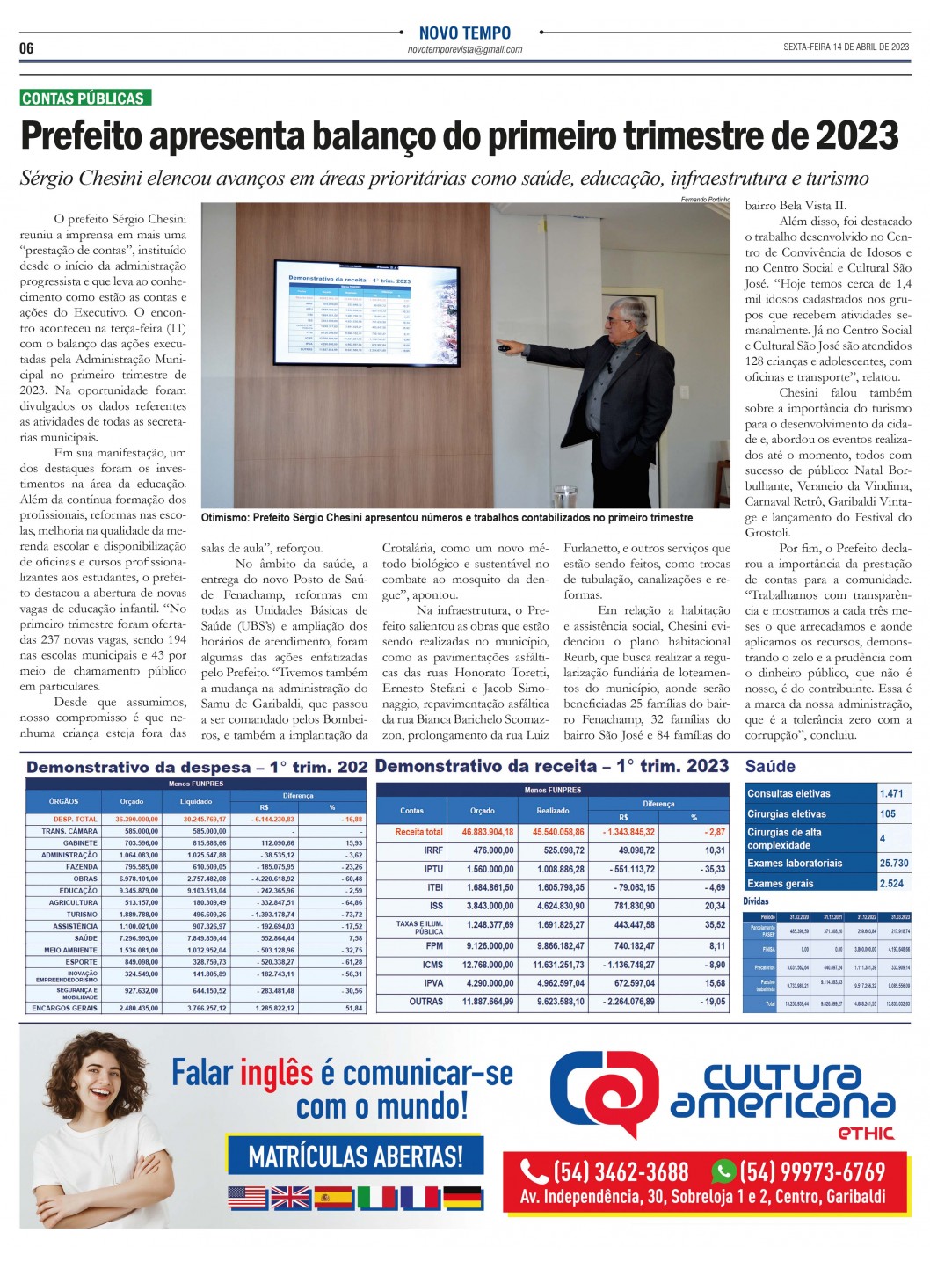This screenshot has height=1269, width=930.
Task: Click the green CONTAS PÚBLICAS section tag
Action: pos(85,98)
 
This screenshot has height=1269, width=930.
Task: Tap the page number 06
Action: pos(26,48)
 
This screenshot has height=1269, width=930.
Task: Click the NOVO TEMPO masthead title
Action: pos(464,33)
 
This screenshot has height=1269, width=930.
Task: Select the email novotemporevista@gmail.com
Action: pos(465,50)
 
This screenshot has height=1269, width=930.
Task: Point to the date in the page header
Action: pos(846,47)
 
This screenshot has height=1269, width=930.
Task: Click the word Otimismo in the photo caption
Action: pos(224,518)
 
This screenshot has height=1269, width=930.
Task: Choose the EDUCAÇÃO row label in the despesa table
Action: pos(78,891)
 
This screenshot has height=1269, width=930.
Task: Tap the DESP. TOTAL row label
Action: pos(75,820)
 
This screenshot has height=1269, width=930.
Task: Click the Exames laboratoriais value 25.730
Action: pos(895,864)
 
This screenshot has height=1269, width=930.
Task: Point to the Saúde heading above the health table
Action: pos(770,767)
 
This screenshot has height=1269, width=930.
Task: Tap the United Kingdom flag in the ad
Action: pos(290,1198)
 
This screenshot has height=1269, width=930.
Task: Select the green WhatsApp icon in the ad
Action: pos(723,1171)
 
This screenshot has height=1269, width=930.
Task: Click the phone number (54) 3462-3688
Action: pos(620,1172)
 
